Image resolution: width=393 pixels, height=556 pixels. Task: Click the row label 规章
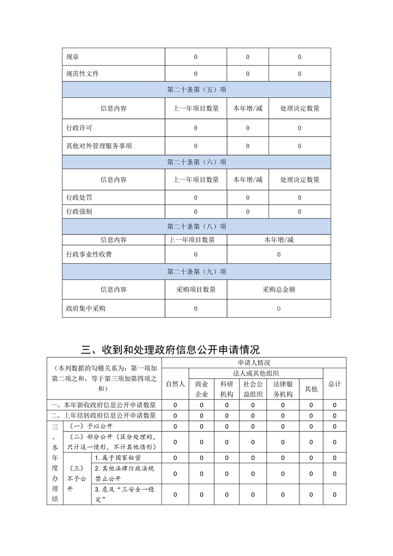tap(72, 57)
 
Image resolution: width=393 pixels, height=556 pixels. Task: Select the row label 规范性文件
tap(82, 74)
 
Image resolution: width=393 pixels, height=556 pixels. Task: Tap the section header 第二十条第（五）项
tap(196, 90)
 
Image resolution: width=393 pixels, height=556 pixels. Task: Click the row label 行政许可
tap(79, 128)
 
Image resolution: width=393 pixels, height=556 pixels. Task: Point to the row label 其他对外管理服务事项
tap(99, 146)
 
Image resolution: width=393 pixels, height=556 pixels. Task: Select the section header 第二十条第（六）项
tap(196, 162)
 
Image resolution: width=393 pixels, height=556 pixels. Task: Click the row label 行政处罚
tap(79, 197)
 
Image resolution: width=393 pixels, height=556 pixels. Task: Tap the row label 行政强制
tap(79, 212)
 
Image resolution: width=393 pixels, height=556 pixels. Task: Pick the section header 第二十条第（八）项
tap(196, 226)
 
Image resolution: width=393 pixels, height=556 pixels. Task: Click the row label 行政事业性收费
tap(89, 254)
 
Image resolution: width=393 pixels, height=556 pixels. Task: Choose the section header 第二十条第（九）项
tap(196, 272)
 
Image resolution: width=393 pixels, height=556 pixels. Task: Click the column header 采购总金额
tap(279, 289)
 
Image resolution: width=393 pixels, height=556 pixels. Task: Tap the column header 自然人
tap(175, 384)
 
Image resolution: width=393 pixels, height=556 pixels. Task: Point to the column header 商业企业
tap(201, 389)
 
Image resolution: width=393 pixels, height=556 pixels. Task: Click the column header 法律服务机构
tap(282, 389)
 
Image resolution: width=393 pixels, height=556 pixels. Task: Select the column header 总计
tap(335, 384)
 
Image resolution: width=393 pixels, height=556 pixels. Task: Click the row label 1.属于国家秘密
tap(117, 457)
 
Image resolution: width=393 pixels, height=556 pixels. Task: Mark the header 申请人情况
tap(254, 363)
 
